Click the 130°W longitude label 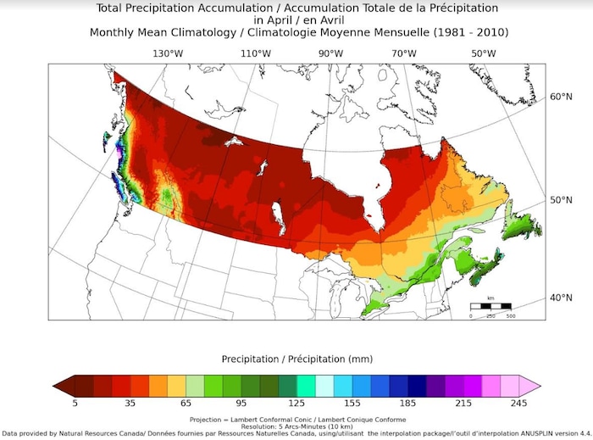168,53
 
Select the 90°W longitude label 330,53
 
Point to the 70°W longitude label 404,53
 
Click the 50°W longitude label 484,53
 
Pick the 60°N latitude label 563,97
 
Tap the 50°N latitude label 563,200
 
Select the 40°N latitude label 563,298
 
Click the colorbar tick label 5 75,404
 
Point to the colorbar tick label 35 130,404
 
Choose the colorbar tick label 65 186,404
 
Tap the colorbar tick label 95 241,404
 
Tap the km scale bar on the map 490,305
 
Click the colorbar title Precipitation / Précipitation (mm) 296,358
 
